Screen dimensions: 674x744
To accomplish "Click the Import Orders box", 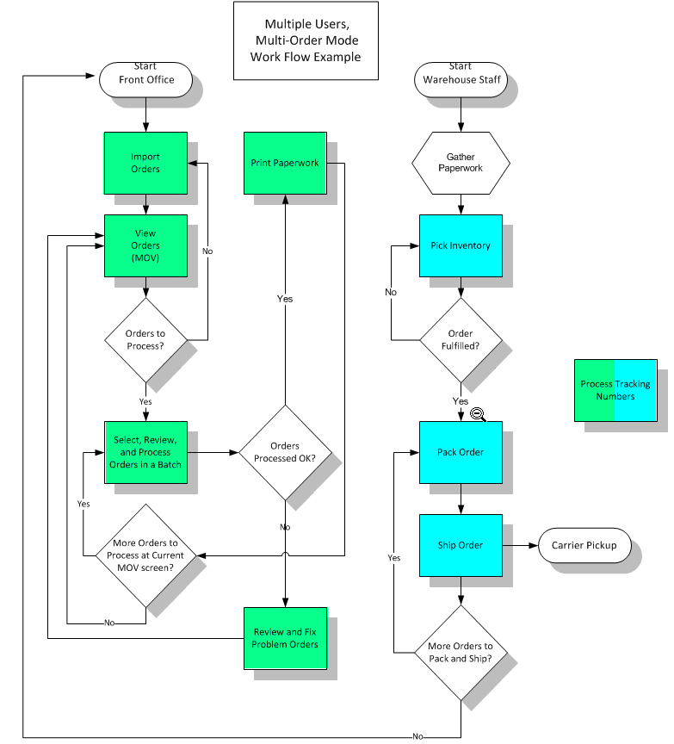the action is click(x=145, y=163).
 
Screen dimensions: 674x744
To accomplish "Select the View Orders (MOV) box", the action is click(x=145, y=245).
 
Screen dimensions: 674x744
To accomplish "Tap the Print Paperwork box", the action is click(x=285, y=163).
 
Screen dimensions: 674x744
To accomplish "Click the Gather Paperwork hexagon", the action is click(x=461, y=163).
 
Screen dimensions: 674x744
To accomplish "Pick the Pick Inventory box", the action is click(x=461, y=245).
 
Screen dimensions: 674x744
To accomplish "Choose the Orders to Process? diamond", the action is click(x=145, y=340).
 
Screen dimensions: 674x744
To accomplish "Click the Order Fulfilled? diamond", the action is click(x=461, y=340).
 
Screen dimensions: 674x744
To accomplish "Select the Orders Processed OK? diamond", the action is click(x=285, y=452).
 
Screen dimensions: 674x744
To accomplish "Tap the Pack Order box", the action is click(x=461, y=452).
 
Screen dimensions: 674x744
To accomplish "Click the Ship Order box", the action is click(x=461, y=545).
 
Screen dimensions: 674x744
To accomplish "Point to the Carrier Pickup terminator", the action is click(x=584, y=545).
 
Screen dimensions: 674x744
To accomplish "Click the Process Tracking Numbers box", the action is click(x=615, y=390).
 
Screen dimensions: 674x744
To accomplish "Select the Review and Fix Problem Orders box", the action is click(x=285, y=638).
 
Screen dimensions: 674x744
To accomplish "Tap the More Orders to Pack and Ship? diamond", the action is click(x=461, y=653).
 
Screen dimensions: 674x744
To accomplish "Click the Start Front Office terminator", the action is click(x=145, y=80).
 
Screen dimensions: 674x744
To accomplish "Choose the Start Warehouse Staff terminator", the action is click(x=461, y=80).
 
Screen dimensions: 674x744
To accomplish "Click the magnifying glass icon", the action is click(x=478, y=414).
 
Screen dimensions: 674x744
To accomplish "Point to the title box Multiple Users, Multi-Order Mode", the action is click(x=306, y=40).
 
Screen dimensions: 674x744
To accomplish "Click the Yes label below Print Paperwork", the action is click(x=285, y=299).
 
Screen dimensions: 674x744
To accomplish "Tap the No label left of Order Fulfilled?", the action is click(x=391, y=292).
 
